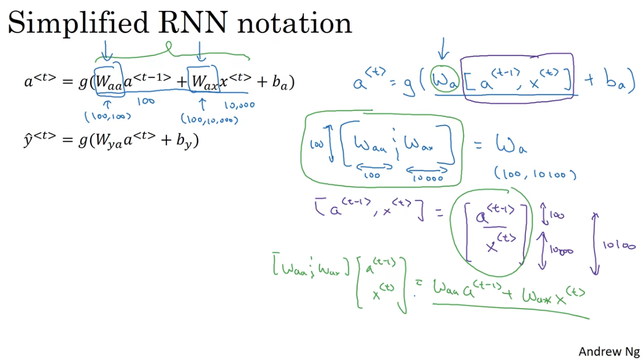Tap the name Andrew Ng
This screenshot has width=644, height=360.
pos(608,351)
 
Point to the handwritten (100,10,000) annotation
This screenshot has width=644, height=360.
pos(209,118)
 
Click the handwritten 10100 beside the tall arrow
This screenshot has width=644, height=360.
pos(619,246)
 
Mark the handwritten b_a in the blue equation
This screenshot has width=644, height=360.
pos(617,84)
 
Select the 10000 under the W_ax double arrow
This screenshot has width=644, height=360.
pos(428,177)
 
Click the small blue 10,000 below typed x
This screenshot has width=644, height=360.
pos(239,104)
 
